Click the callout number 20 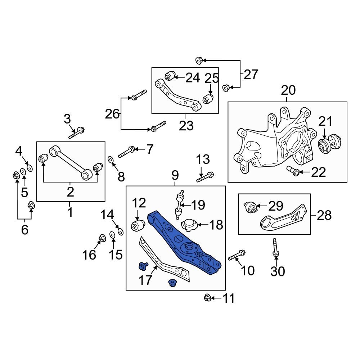288,90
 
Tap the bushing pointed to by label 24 170,76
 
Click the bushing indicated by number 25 208,99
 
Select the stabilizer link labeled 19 180,204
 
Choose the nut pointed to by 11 207,298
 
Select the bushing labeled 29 251,207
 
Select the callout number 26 112,114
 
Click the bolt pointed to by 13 206,176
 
